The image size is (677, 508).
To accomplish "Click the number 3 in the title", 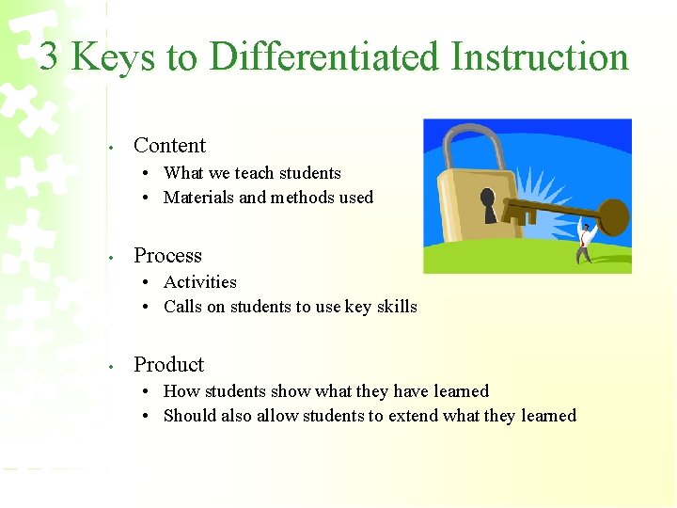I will [x=50, y=56].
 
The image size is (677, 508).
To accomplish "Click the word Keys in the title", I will [x=113, y=57].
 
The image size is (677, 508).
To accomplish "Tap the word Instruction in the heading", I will [x=539, y=57].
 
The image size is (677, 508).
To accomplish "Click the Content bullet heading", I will [x=169, y=145].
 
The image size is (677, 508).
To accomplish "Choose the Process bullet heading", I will [x=167, y=256].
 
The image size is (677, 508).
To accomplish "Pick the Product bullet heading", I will [x=168, y=365].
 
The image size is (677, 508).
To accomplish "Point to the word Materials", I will [x=198, y=198].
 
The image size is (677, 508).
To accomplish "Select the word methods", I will [x=304, y=198].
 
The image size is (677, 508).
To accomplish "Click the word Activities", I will [x=199, y=282].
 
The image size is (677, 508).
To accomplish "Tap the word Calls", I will [x=182, y=307].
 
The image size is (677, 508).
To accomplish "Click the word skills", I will [x=396, y=307].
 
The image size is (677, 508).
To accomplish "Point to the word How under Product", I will [x=179, y=391].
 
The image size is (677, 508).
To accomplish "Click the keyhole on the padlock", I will [x=490, y=202].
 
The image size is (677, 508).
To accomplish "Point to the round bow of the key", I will [x=612, y=216].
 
